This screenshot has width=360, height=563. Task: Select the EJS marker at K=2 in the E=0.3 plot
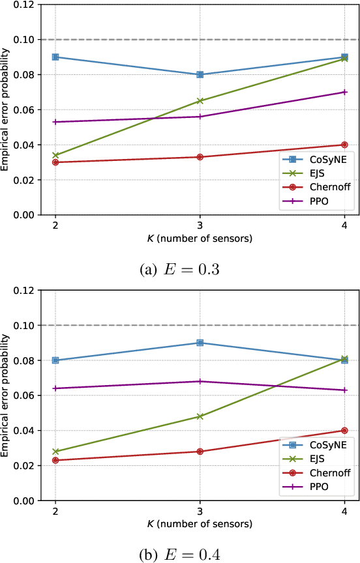(x=55, y=155)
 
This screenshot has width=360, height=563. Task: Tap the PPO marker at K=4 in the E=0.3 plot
(x=344, y=92)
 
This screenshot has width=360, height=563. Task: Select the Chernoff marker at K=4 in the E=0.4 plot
(x=344, y=431)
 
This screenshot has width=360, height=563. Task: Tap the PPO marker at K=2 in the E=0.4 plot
(x=55, y=388)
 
